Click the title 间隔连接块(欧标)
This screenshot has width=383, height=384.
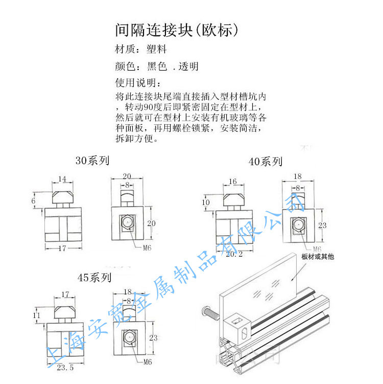pos(177,30)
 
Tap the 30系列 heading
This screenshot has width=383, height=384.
pos(92,161)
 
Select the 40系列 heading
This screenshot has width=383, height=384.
pos(265,162)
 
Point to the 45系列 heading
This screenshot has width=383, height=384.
pos(94,278)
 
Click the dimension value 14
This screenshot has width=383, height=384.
pos(63,179)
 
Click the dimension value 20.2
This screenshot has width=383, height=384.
pos(235,254)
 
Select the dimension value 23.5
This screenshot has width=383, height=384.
pos(65,367)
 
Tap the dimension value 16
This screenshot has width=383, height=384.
pos(232,182)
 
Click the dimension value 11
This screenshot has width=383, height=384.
pos(36,316)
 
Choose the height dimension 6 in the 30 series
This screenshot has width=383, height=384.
pos(34,201)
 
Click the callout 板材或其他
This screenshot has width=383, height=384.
pos(318,257)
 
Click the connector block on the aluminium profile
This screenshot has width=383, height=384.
pos(238,325)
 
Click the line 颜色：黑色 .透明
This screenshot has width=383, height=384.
pos(157,66)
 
